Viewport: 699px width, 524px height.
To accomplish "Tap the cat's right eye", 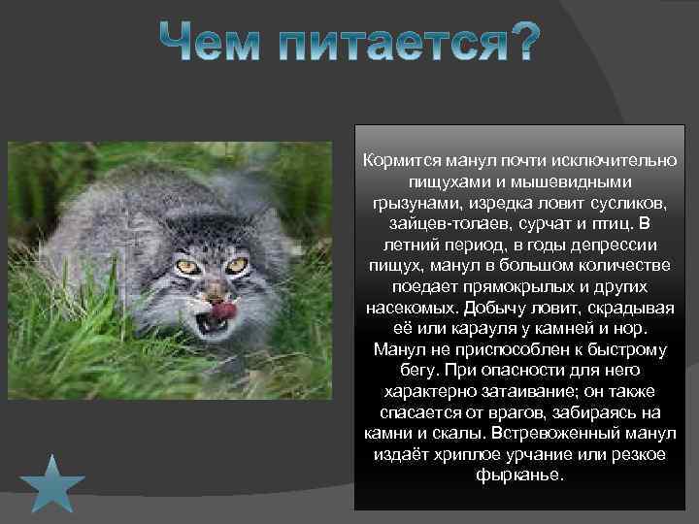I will [x=236, y=264].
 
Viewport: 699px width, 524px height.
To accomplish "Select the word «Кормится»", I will [x=398, y=160].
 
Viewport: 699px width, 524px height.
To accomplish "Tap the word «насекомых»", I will [x=411, y=310].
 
